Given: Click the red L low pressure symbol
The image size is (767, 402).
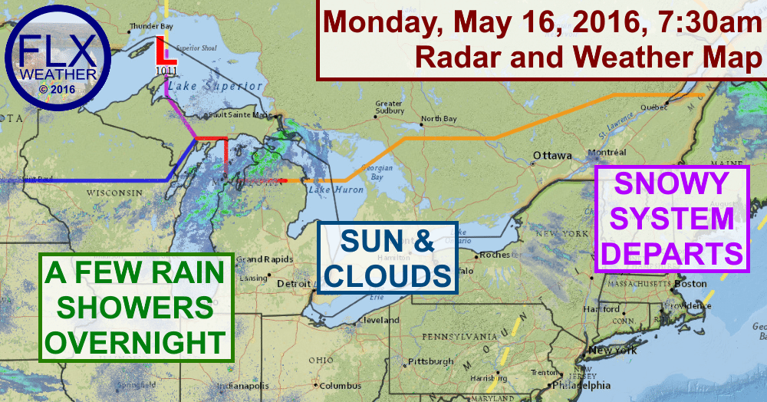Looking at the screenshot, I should pyautogui.click(x=162, y=52).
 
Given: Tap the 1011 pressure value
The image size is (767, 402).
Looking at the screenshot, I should pyautogui.click(x=165, y=71).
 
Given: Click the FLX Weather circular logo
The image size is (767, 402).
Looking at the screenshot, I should pyautogui.click(x=53, y=60).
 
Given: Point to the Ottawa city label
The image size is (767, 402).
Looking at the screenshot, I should pyautogui.click(x=552, y=155).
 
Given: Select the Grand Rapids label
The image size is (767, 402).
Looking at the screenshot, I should pyautogui.click(x=253, y=259).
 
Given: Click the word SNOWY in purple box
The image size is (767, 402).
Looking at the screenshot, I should pyautogui.click(x=672, y=184).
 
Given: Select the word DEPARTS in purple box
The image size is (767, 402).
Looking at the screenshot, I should pyautogui.click(x=672, y=252).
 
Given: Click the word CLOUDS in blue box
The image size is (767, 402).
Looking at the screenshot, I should pyautogui.click(x=388, y=274).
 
